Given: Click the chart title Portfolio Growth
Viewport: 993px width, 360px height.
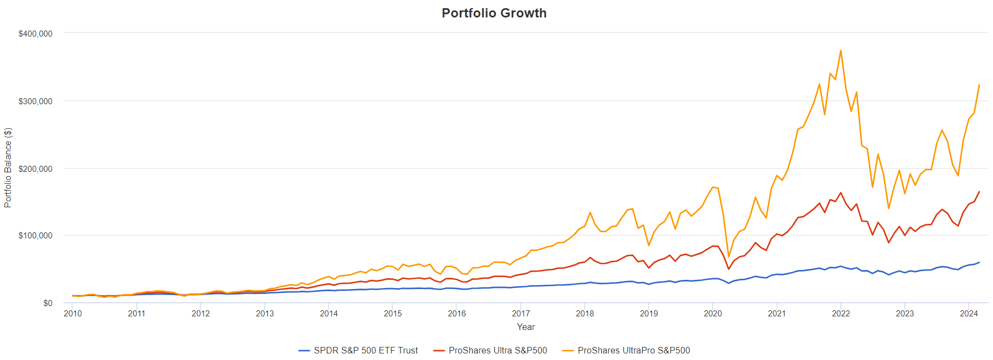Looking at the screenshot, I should coord(494,13).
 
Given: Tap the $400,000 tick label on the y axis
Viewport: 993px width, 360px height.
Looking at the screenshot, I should coord(35,34).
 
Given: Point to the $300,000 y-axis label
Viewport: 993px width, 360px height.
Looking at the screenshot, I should coord(35,101).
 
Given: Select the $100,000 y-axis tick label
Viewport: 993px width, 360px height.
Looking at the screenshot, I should coord(35,236).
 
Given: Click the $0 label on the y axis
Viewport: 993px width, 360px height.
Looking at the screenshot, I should coord(48,303).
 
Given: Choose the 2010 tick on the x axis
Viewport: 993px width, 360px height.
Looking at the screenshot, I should coord(73,314).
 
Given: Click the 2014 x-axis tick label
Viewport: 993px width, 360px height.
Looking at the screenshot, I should coord(328,314).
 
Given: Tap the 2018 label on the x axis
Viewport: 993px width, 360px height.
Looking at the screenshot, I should coord(585,314).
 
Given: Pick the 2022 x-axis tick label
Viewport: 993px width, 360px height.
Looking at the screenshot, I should coord(841,314).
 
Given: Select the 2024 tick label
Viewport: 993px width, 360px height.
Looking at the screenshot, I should coord(969,314).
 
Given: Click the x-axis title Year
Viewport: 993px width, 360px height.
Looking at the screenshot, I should coord(526,327).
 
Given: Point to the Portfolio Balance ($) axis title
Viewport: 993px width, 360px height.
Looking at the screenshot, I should coord(8,167).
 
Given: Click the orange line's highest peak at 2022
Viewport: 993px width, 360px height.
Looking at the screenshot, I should coord(841,51).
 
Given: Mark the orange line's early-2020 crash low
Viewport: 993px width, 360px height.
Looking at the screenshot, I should coord(728,257).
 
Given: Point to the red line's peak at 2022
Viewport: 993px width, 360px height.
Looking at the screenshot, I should coord(841,193).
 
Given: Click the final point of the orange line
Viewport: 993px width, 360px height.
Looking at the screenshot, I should coord(979,85).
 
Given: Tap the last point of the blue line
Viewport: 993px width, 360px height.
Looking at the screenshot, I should coord(979,262).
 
